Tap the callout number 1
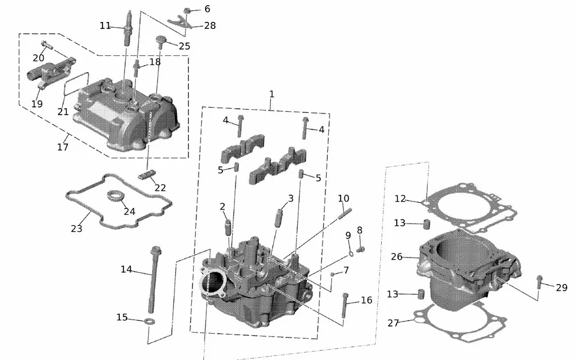[x=272, y=94]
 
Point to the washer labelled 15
[x=150, y=320]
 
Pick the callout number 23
[x=77, y=229]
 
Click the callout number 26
[x=397, y=257]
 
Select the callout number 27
[x=393, y=323]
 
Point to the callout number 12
[x=401, y=199]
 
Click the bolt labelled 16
[x=345, y=305]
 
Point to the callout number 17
[x=63, y=147]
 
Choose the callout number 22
[x=161, y=188]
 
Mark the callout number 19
[x=37, y=104]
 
